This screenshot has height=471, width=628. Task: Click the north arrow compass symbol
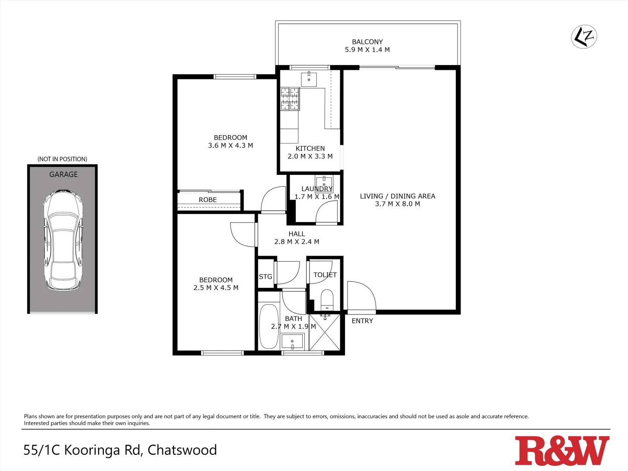[584, 37]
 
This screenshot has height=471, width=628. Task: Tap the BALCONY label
[367, 42]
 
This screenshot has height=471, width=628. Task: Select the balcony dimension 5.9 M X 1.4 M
[367, 50]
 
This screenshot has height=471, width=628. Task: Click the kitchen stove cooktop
[290, 99]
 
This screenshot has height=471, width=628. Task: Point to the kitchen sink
[309, 79]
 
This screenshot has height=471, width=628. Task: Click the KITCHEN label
[310, 148]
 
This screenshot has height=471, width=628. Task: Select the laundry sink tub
[324, 183]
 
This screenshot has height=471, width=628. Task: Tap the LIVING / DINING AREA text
[397, 196]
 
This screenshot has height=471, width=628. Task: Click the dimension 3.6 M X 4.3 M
[230, 146]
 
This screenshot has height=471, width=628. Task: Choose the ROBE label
[208, 200]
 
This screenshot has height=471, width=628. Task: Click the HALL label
[297, 234]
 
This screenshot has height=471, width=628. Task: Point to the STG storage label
[266, 276]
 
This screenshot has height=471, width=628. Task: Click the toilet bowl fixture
[327, 299]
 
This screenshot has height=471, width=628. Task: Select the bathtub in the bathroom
[269, 326]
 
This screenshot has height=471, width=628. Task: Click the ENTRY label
[362, 321]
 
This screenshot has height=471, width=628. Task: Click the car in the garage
[63, 240]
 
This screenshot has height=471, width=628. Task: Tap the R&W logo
[562, 451]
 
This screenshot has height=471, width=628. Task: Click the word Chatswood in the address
[182, 450]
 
